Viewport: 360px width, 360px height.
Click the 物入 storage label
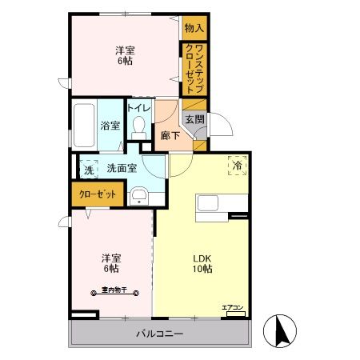194,28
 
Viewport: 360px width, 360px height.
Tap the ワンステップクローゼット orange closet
194,70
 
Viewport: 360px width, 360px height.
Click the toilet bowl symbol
139,126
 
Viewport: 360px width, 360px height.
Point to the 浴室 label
110,126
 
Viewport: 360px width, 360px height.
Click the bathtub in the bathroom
83,125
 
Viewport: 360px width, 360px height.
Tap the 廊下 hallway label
168,135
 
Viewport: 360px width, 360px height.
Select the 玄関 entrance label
194,119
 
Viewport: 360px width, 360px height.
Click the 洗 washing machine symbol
87,168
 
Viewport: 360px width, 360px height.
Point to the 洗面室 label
121,168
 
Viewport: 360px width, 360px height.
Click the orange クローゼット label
97,194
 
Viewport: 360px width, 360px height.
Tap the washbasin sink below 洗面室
139,195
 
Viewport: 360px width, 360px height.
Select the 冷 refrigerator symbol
237,165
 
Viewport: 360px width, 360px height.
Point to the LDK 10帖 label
201,264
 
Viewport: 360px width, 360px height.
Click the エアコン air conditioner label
234,307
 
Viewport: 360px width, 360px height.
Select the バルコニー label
160,333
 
